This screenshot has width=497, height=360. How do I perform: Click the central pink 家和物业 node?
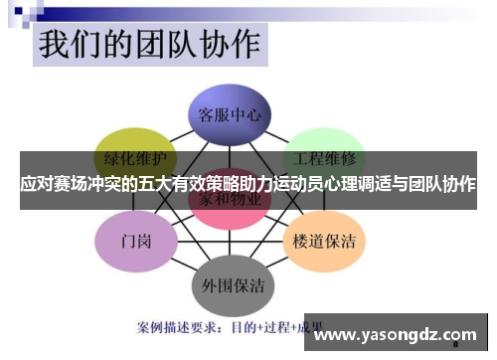click(x=230, y=199)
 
